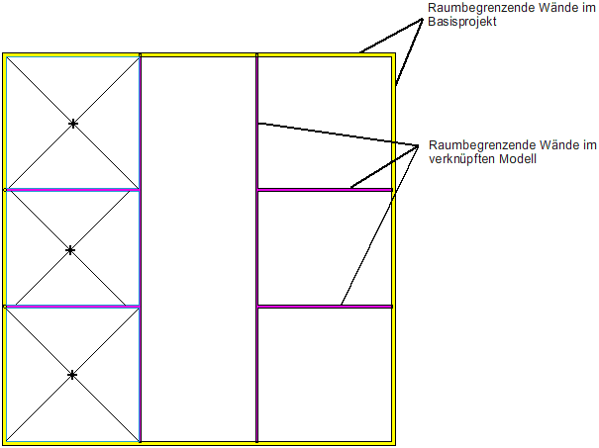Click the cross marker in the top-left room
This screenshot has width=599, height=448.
(72, 124)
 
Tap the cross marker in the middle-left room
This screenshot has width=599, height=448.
(70, 250)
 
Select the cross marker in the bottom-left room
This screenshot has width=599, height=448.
(72, 375)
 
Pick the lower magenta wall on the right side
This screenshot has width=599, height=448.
(297, 307)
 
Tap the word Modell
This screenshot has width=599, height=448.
(516, 158)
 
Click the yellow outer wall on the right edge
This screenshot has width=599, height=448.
(394, 247)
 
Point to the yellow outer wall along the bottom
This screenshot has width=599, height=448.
(198, 444)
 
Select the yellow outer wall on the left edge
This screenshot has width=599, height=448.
(4, 247)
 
